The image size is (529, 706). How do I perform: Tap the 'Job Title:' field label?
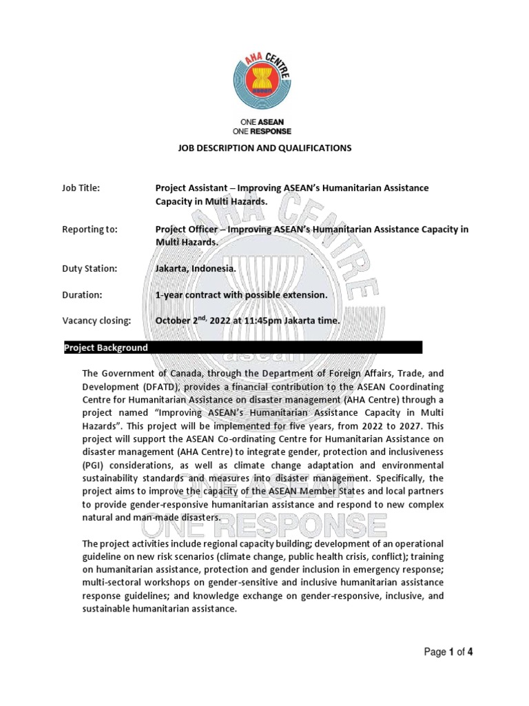(x=81, y=188)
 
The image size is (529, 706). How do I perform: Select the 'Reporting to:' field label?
(x=90, y=230)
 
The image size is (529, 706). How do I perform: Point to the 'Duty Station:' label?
(x=90, y=269)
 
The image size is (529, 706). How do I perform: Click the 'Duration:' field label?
(x=82, y=295)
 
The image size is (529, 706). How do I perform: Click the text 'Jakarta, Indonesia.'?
(x=196, y=269)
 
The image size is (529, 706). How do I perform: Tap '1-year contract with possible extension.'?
(x=240, y=295)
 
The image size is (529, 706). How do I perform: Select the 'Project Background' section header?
(x=106, y=347)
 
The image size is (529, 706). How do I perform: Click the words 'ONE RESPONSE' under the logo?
(x=262, y=131)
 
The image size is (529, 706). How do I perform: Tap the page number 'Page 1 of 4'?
(x=448, y=652)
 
